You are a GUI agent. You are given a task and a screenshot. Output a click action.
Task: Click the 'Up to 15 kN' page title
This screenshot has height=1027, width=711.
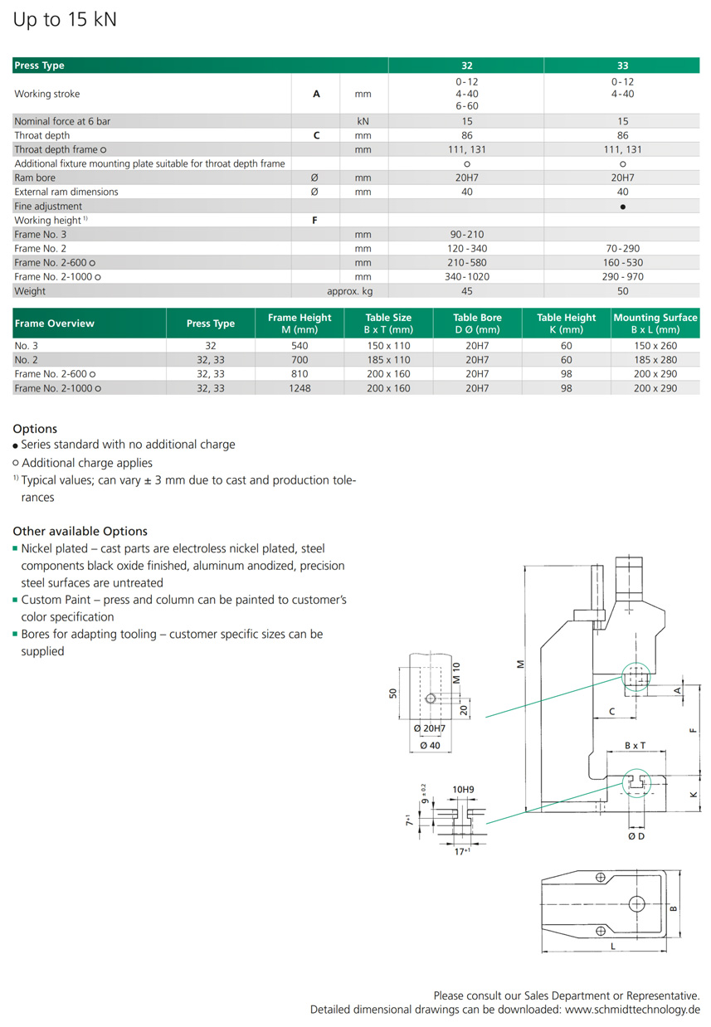pyautogui.click(x=65, y=20)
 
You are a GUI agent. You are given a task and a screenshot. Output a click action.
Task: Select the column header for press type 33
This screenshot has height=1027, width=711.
pyautogui.click(x=622, y=66)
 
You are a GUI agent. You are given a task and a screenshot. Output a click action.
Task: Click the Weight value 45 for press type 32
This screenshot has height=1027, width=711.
pyautogui.click(x=466, y=291)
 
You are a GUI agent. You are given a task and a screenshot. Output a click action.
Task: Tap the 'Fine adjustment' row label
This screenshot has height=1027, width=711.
pyautogui.click(x=48, y=206)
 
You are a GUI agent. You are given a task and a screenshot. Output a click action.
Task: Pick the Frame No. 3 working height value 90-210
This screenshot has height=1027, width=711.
pyautogui.click(x=466, y=235)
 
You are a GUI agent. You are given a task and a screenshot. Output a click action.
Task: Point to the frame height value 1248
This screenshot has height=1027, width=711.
pyautogui.click(x=299, y=388)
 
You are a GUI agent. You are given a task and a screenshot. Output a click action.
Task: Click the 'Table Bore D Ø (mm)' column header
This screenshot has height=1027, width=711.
pyautogui.click(x=477, y=324)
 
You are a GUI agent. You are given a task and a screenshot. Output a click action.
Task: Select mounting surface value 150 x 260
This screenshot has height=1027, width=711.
pyautogui.click(x=655, y=346)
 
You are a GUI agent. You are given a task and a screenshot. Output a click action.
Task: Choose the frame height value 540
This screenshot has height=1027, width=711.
pyautogui.click(x=299, y=346)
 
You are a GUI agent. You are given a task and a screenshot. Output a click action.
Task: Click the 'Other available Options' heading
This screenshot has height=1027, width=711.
pyautogui.click(x=80, y=531)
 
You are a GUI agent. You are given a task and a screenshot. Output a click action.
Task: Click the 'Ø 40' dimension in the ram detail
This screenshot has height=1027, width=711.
pyautogui.click(x=429, y=745)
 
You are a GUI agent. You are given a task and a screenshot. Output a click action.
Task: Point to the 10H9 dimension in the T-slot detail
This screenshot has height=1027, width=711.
pyautogui.click(x=463, y=789)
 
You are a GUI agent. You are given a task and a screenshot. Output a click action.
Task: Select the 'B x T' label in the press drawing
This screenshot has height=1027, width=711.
pyautogui.click(x=635, y=746)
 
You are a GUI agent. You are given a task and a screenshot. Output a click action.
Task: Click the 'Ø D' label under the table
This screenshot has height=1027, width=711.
pyautogui.click(x=636, y=836)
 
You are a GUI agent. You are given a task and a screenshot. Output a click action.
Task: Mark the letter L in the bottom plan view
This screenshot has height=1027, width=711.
pyautogui.click(x=611, y=945)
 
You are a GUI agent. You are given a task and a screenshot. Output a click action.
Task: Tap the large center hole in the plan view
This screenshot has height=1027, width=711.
pyautogui.click(x=637, y=903)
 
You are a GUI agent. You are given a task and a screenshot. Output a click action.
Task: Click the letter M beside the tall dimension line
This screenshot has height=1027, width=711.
pyautogui.click(x=520, y=664)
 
